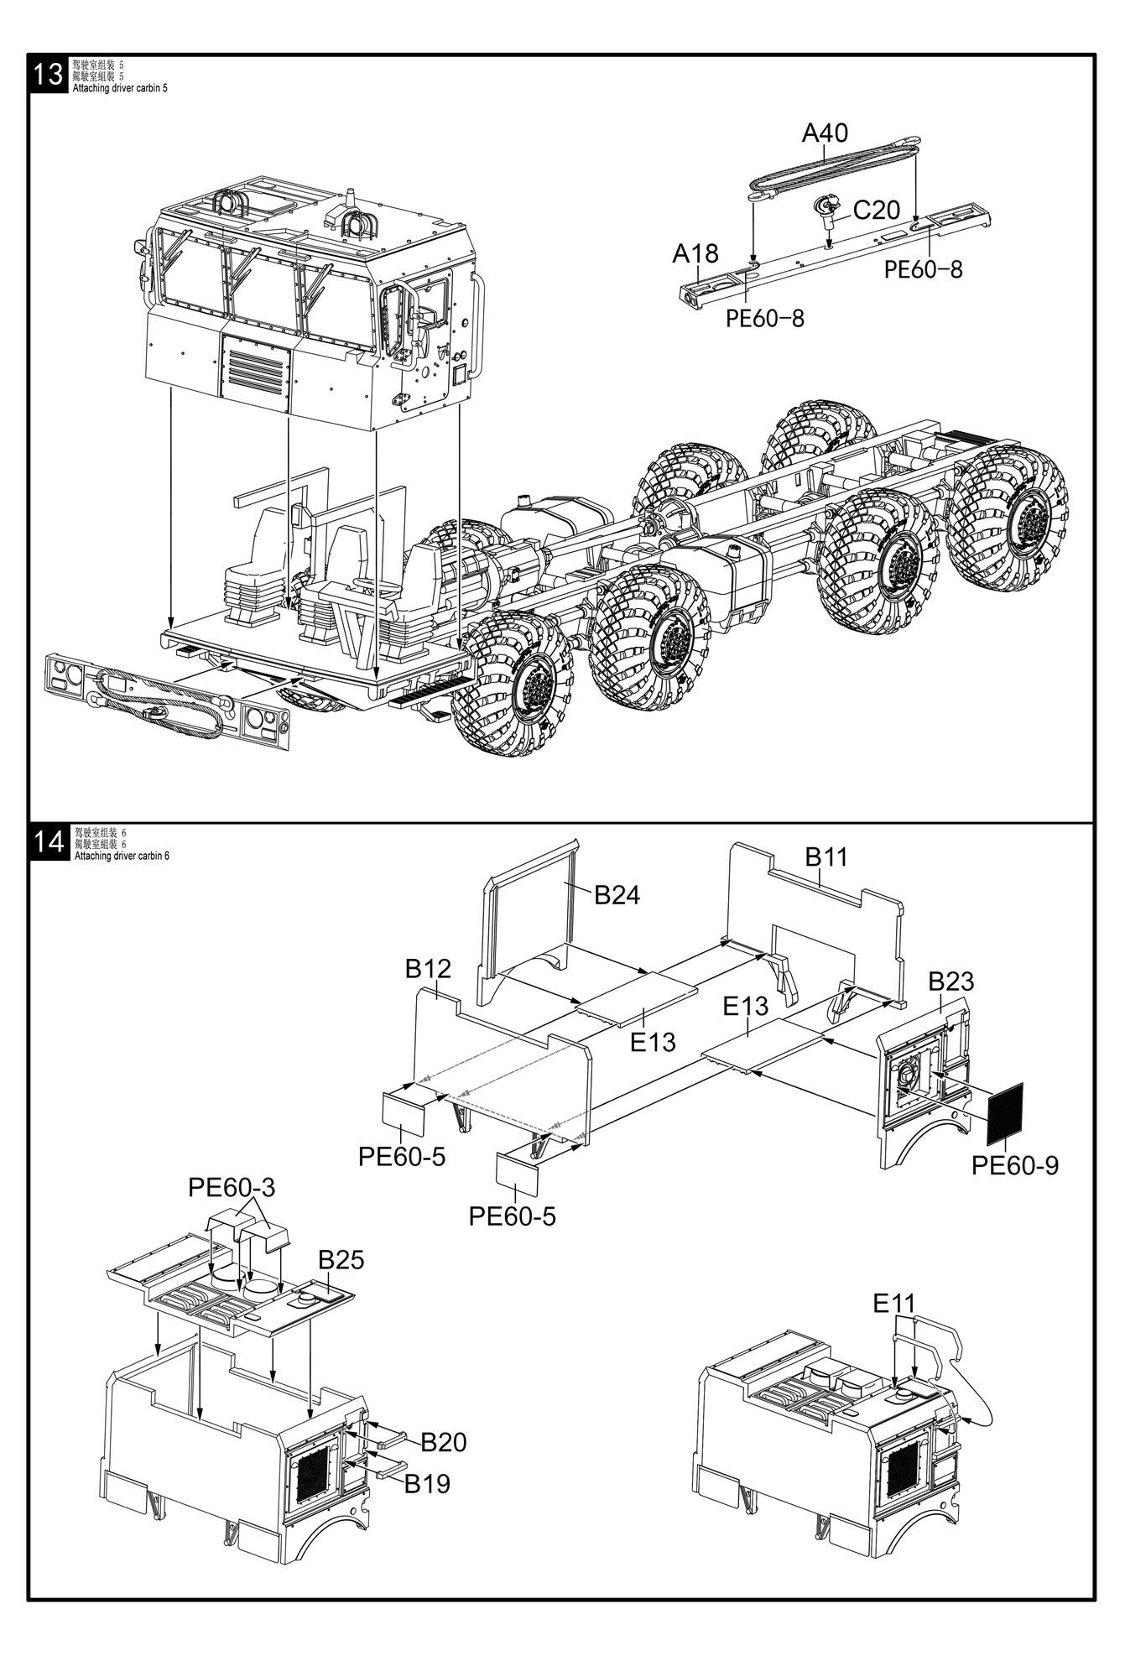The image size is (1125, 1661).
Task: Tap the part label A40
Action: tap(825, 133)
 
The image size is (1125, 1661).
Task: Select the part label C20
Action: tap(876, 210)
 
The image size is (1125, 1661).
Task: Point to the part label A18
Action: tap(695, 253)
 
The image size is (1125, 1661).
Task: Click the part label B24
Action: tap(617, 895)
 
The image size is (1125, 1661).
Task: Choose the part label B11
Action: tap(826, 857)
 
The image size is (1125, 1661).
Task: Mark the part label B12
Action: tap(428, 969)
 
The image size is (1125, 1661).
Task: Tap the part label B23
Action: tap(951, 981)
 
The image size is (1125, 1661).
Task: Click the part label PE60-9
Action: tap(1015, 1165)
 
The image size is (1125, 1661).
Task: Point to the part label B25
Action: tap(341, 1260)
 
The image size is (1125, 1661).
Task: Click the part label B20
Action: tap(443, 1443)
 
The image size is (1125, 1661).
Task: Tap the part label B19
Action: tap(427, 1483)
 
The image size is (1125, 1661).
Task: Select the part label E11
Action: tap(894, 1304)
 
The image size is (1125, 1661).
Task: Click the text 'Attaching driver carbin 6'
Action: tap(122, 857)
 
